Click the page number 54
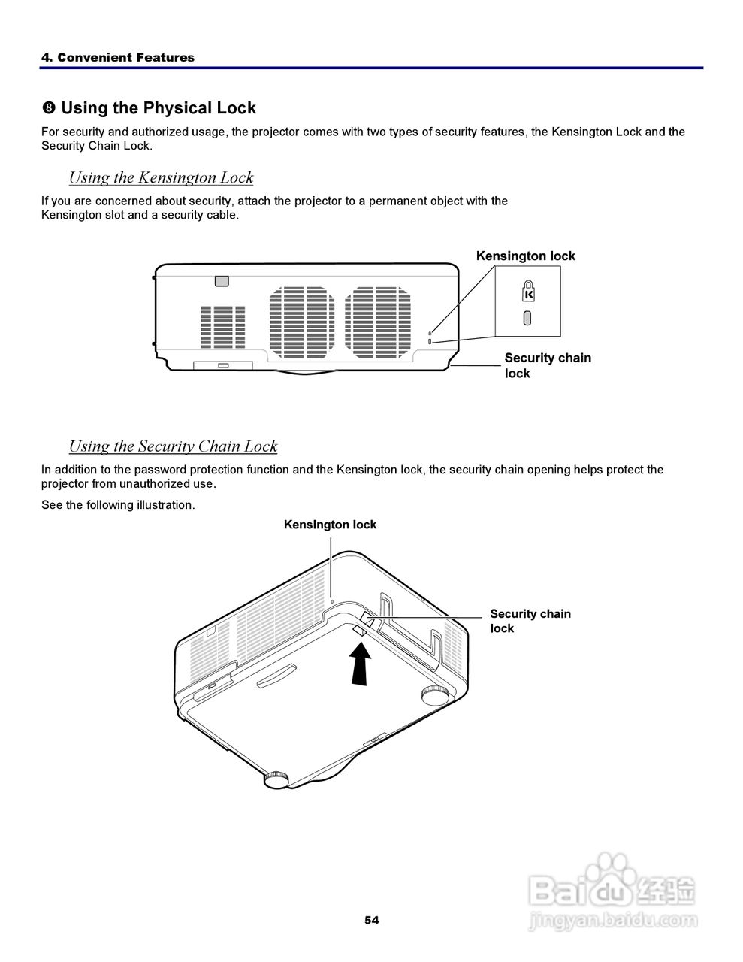click(371, 920)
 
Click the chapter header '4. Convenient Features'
click(117, 57)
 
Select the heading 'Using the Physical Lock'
click(158, 108)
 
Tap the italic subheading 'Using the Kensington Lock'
click(161, 177)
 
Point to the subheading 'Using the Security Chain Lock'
click(173, 446)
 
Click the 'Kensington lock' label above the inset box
click(525, 256)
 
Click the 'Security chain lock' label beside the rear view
click(547, 365)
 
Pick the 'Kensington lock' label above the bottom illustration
click(330, 525)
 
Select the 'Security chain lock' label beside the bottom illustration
click(530, 621)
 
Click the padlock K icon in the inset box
click(528, 290)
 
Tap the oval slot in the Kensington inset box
click(527, 318)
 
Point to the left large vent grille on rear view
click(302, 322)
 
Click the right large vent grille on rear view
click(378, 322)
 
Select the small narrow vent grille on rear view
click(222, 326)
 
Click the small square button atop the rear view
click(221, 280)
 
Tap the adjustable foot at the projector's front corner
click(276, 779)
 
